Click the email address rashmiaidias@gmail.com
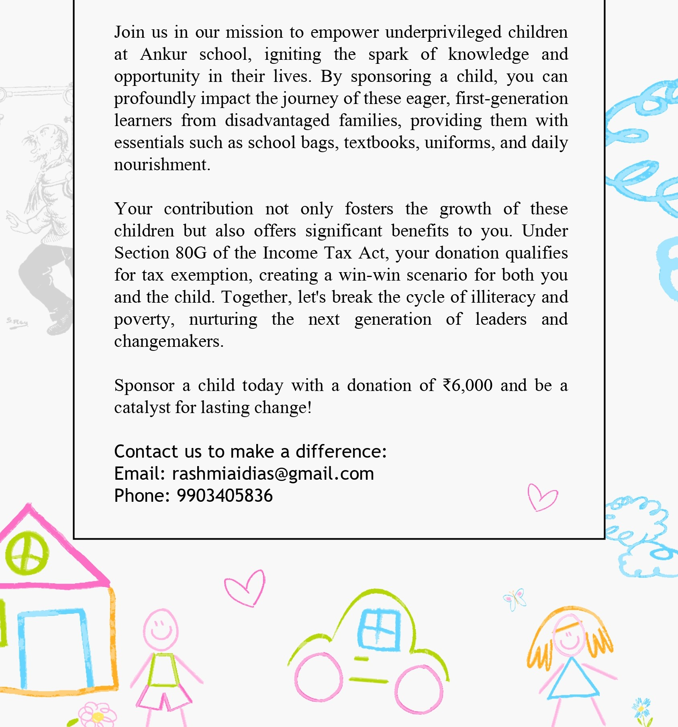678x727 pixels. pos(273,474)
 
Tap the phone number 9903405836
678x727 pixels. pos(225,496)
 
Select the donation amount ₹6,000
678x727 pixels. pos(468,385)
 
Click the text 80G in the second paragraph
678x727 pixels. pos(191,253)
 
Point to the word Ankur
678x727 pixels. pos(163,54)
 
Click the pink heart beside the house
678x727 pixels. pos(245,587)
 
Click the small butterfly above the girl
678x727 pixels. pos(515,599)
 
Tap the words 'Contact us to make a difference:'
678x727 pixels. pos(250,452)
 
